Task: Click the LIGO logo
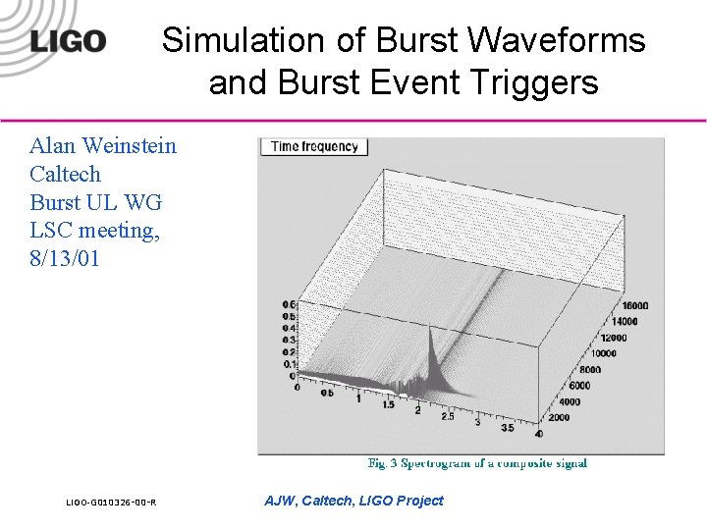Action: [x=68, y=41]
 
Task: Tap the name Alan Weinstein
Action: [x=103, y=146]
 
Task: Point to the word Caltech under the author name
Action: [x=66, y=175]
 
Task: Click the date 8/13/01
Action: [x=66, y=259]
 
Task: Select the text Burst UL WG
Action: [x=95, y=203]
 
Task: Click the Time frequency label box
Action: [x=313, y=146]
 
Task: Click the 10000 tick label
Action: [x=603, y=353]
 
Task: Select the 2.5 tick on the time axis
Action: [x=448, y=417]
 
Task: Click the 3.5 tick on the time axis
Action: [x=508, y=428]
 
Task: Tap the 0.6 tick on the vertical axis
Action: [x=291, y=305]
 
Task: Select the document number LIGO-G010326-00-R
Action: [x=111, y=503]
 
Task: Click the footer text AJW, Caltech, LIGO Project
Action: [x=353, y=501]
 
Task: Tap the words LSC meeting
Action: [x=94, y=232]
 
